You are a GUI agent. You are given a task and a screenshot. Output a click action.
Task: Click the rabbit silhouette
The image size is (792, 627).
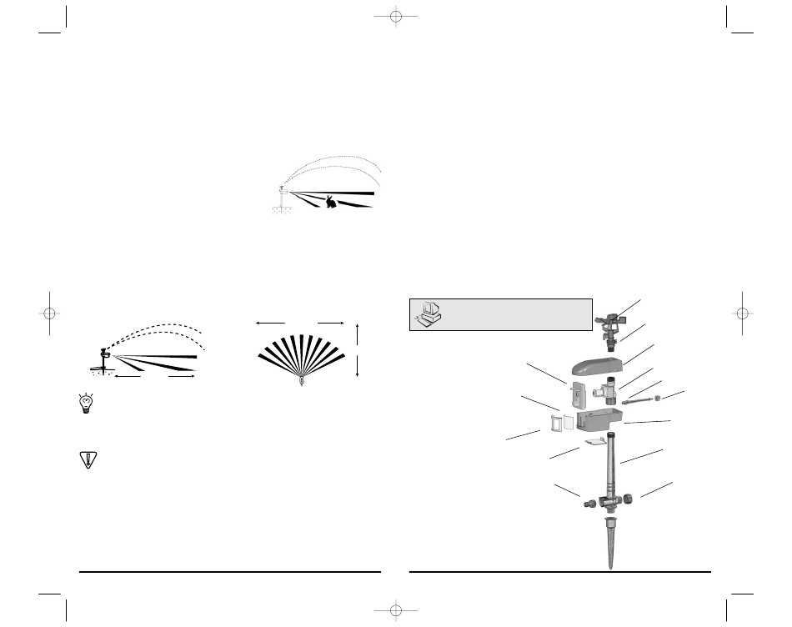pyautogui.click(x=332, y=201)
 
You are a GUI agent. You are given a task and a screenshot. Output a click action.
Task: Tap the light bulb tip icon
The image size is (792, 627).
pyautogui.click(x=86, y=403)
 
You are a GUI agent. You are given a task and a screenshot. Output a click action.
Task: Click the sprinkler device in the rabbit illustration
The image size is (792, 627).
pyautogui.click(x=283, y=192)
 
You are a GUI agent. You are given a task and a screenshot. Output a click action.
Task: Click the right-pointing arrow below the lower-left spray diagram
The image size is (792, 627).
pyautogui.click(x=189, y=378)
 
